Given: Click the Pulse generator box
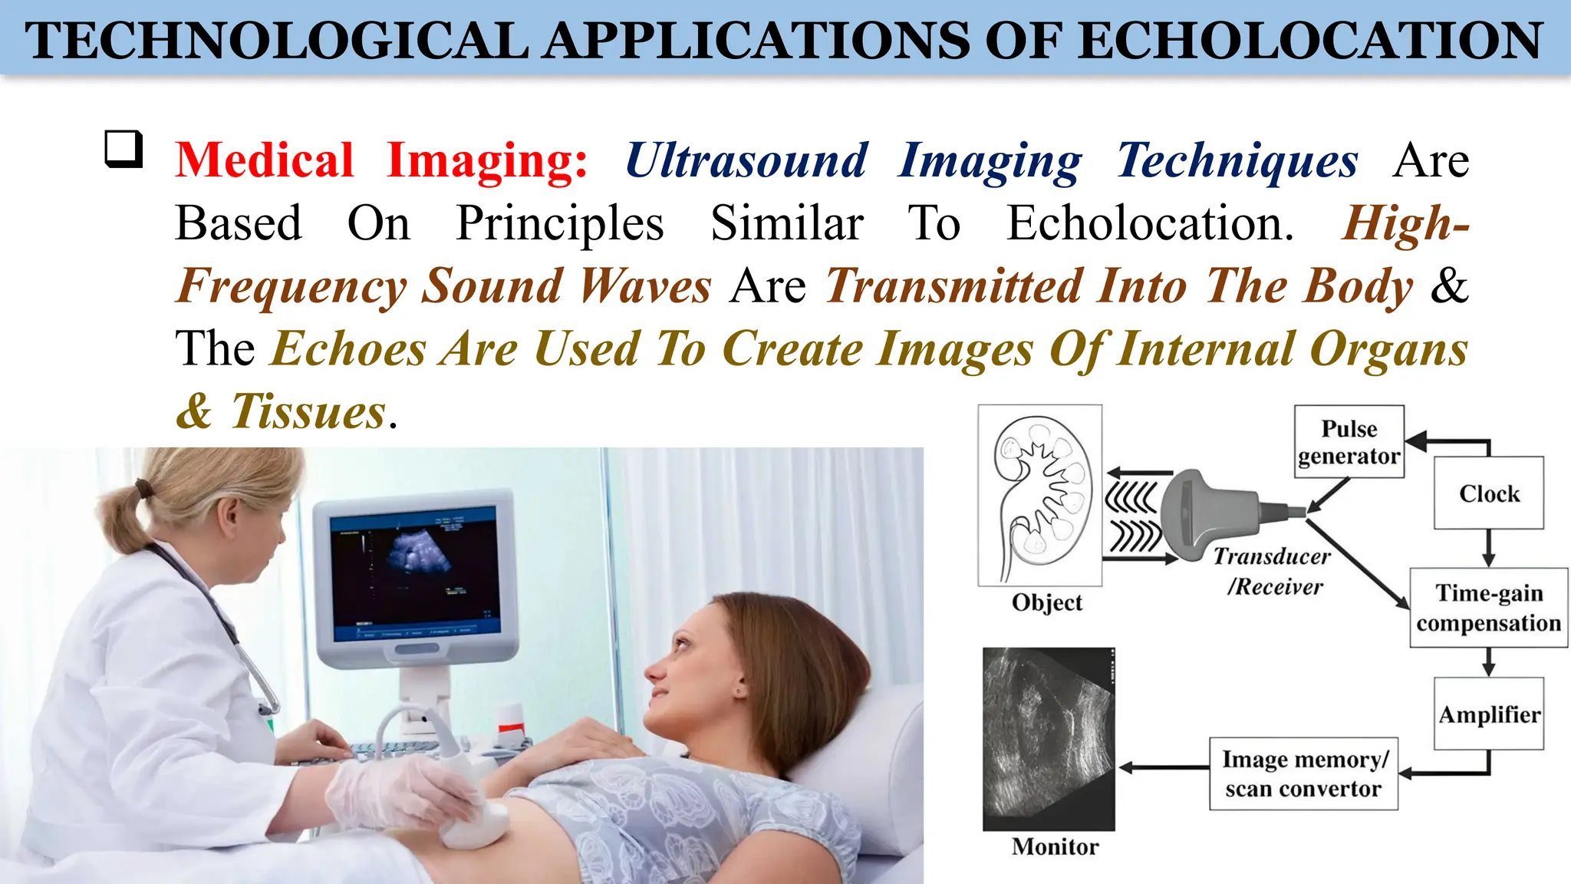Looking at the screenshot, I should pos(1349,442).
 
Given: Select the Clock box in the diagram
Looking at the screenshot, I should pos(1488,493).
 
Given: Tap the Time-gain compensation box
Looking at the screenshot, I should pos(1488,608).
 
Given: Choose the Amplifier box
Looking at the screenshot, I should pos(1488,714).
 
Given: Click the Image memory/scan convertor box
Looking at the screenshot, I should pos(1303,773).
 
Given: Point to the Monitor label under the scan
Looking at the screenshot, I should pos(1055,846).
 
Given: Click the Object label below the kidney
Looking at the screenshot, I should pos(1046,602).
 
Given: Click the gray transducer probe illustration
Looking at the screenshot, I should pos(1212,510).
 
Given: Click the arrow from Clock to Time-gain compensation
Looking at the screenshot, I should pos(1488,548).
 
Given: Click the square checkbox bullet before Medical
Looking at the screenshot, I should pos(124,149).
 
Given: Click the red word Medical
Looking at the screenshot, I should pos(264,160).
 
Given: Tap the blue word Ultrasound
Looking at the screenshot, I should pos(746,160).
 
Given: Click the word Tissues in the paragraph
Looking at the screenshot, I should pos(308,411).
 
